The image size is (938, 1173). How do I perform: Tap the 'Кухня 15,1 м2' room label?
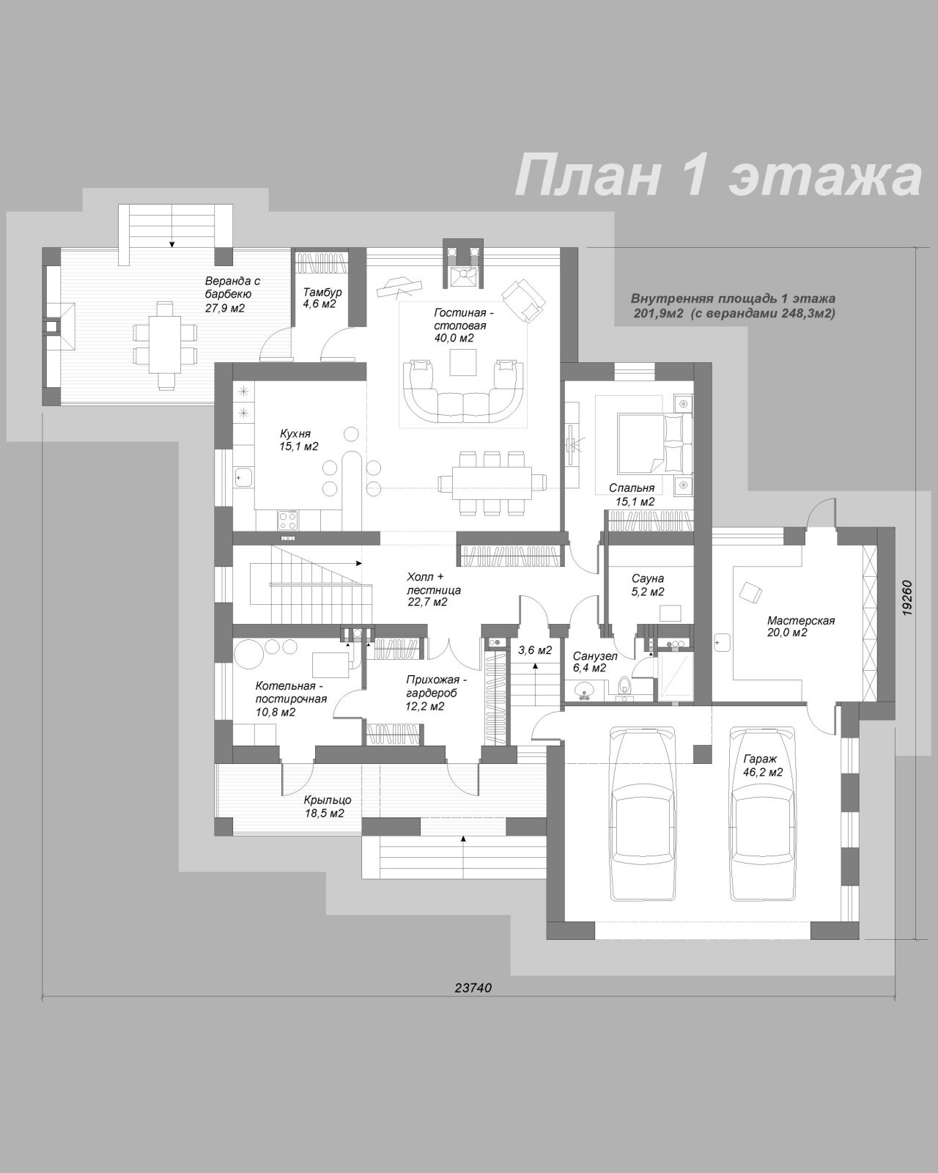point(299,440)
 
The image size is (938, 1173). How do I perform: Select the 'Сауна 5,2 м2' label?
point(648,585)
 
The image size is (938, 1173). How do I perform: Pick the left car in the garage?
point(644,814)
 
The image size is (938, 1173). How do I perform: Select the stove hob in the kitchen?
point(287,520)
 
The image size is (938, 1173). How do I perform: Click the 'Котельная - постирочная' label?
point(291,699)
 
